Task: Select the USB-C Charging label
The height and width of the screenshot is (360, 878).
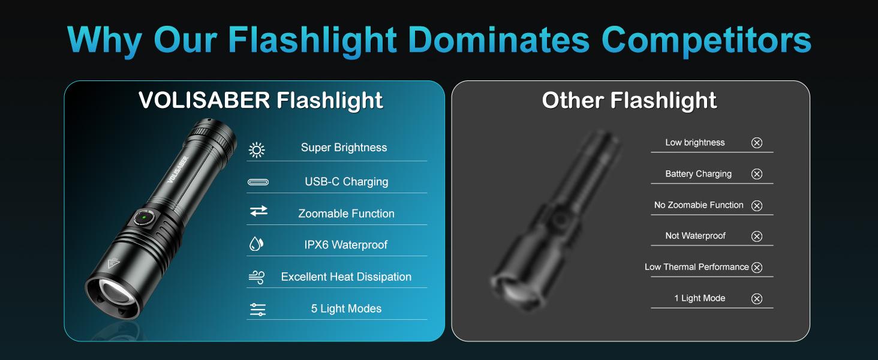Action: click(x=346, y=181)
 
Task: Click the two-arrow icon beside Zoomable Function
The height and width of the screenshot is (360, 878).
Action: click(x=258, y=211)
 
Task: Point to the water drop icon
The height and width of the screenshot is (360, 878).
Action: click(x=256, y=244)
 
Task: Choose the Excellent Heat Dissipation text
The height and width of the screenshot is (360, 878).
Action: click(x=346, y=277)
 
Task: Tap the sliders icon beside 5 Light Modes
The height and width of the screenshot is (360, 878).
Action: click(x=258, y=310)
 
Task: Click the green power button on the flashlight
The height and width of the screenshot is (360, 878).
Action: click(x=145, y=218)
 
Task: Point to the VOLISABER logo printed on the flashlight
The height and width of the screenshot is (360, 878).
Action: click(x=178, y=170)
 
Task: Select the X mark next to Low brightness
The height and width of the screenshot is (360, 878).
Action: click(x=757, y=143)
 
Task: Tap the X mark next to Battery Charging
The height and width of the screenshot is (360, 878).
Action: click(x=757, y=174)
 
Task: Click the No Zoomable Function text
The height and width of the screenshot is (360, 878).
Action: click(x=699, y=205)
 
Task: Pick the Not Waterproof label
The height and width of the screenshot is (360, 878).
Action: click(x=695, y=236)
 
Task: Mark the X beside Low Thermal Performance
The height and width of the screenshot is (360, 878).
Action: click(x=757, y=268)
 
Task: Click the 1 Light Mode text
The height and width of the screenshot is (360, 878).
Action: click(x=699, y=298)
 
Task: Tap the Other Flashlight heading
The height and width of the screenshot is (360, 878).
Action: click(x=629, y=100)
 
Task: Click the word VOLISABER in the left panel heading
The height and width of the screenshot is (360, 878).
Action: click(x=205, y=100)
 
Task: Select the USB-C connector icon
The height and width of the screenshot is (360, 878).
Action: click(x=258, y=182)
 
